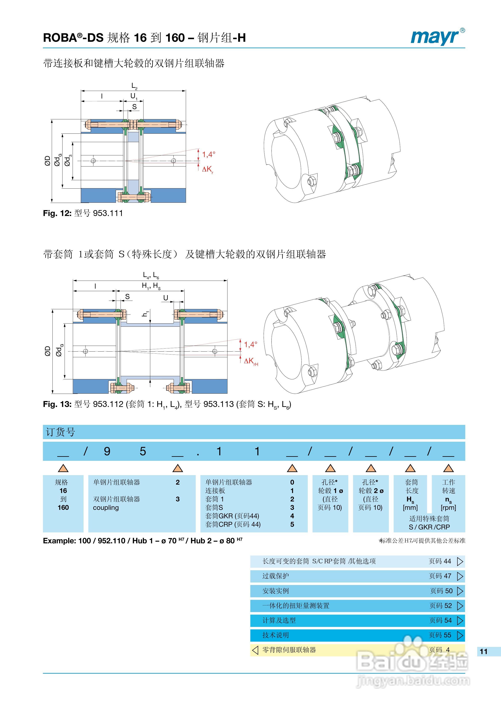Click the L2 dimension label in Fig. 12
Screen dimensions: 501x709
click(134, 86)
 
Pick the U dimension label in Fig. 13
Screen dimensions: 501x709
click(166, 298)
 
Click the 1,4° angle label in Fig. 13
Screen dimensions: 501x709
click(251, 344)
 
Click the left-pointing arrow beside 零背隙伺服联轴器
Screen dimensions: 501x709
click(255, 650)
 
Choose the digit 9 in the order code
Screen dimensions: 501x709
click(107, 452)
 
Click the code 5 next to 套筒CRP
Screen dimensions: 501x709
click(292, 524)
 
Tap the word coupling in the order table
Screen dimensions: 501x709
click(106, 508)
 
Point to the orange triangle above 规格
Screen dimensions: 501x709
click(63, 468)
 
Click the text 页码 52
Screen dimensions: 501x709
click(440, 606)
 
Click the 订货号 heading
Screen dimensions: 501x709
click(61, 432)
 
